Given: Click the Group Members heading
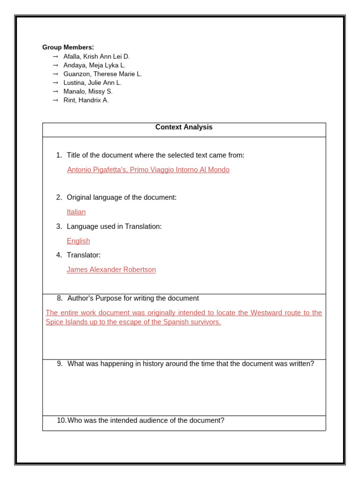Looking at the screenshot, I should (x=68, y=47).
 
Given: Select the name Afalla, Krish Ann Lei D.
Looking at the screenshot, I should (x=97, y=56).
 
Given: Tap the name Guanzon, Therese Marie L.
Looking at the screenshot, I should (x=103, y=74).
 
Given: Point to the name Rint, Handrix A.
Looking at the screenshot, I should (x=86, y=100).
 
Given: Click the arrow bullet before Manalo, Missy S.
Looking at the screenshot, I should (x=55, y=91).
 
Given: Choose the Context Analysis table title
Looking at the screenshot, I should (x=184, y=127).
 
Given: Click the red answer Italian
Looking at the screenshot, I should (x=76, y=212).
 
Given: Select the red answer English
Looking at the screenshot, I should (x=78, y=241).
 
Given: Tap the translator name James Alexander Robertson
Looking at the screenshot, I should (x=111, y=270).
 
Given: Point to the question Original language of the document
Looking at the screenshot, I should (x=121, y=197).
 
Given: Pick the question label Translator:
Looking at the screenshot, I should (x=83, y=255).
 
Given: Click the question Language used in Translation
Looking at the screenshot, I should (x=114, y=226).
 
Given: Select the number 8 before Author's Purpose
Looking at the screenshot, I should (x=60, y=298).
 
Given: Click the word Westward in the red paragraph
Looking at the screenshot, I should (x=266, y=313).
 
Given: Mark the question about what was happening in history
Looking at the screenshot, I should (x=190, y=364).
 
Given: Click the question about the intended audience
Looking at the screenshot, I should (x=146, y=420).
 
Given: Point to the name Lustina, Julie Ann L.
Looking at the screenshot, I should (x=92, y=82).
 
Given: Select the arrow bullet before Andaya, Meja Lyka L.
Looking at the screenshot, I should (x=55, y=65).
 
